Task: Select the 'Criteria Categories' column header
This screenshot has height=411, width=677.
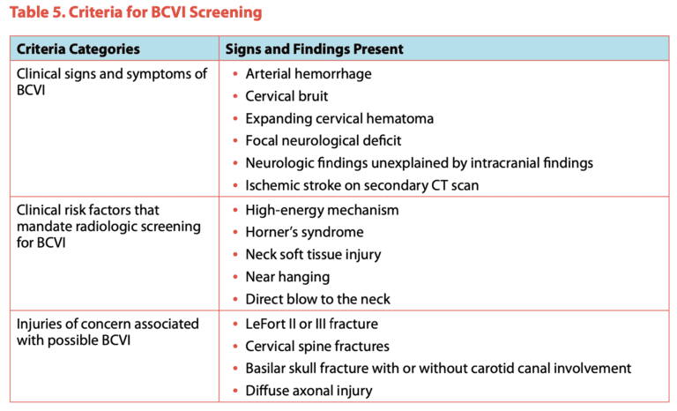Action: (78, 49)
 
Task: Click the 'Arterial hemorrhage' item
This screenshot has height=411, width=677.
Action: (309, 74)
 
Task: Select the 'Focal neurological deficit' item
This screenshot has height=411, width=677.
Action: (324, 140)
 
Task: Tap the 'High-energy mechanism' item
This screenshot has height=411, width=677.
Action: (322, 210)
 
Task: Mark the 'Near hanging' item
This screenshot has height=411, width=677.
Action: (287, 277)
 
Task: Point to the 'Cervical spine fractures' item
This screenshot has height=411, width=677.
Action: (317, 346)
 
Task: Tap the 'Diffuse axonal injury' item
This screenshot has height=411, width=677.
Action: (309, 391)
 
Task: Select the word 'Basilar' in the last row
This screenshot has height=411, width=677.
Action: (268, 368)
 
